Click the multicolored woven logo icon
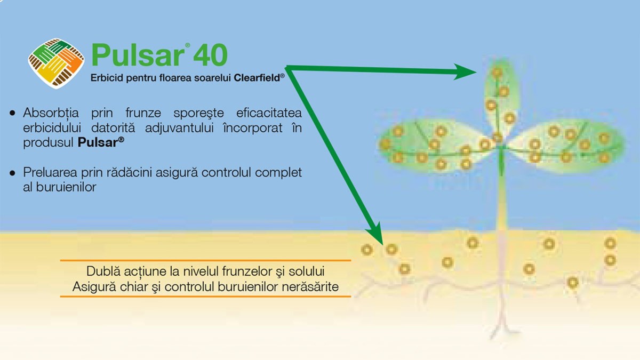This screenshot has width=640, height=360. coord(57,63)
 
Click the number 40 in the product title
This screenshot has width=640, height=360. coord(210,55)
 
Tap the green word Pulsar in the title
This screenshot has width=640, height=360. coord(138,55)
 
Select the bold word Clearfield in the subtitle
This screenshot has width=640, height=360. coord(257,78)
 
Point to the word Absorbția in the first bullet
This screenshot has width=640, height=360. coord(51,113)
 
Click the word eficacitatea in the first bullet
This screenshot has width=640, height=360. coord(269,113)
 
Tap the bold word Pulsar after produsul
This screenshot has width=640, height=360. coord(99,142)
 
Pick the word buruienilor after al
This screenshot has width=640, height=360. coord(66,187)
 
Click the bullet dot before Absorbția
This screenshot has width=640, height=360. coord(12,113)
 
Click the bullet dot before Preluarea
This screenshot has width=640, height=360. coord(12,173)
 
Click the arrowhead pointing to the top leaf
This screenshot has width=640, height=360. coord(465,71)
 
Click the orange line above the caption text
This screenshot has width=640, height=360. coord(205,260)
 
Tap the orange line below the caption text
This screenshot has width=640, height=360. coord(205,297)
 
